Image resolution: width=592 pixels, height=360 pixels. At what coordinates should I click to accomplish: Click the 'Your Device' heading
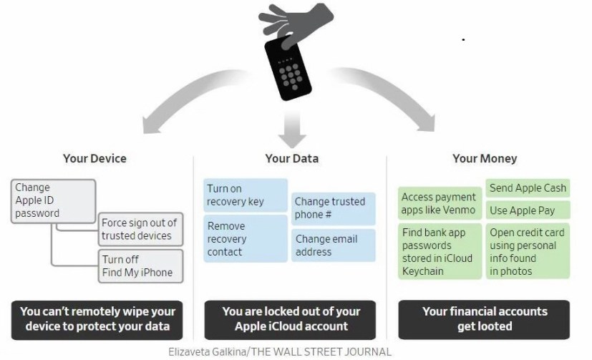pyautogui.click(x=94, y=158)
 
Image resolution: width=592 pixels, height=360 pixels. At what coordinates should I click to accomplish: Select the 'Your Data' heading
pyautogui.click(x=291, y=158)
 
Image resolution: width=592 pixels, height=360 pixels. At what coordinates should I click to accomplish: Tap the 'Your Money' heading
pyautogui.click(x=485, y=158)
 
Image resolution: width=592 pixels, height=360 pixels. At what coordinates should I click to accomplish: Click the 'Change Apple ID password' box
pyautogui.click(x=54, y=200)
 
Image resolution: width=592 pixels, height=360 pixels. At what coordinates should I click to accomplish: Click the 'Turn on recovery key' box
pyautogui.click(x=245, y=195)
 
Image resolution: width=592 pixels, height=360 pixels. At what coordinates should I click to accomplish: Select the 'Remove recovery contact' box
pyautogui.click(x=245, y=239)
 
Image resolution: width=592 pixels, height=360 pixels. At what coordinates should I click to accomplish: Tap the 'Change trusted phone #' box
pyautogui.click(x=332, y=208)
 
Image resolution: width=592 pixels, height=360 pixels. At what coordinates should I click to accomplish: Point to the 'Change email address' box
pyautogui.click(x=332, y=245)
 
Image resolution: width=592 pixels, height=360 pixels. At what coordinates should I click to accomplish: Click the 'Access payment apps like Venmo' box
pyautogui.click(x=438, y=203)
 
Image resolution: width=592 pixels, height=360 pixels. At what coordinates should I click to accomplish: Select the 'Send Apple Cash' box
pyautogui.click(x=528, y=188)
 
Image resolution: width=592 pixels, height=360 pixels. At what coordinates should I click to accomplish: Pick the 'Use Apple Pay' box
pyautogui.click(x=528, y=210)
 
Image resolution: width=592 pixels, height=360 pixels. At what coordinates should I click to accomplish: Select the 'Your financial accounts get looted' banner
pyautogui.click(x=485, y=319)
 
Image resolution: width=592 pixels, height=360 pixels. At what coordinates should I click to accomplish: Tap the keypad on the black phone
pyautogui.click(x=294, y=72)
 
